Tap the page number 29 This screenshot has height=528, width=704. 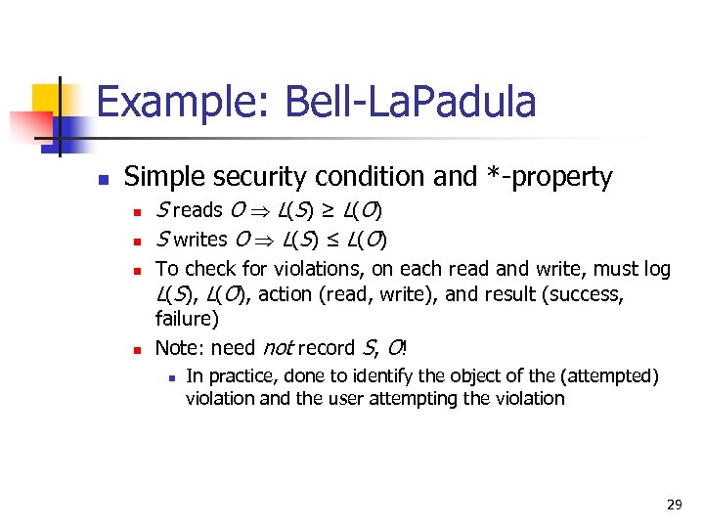674,505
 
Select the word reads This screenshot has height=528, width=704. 198,210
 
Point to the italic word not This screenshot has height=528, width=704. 276,347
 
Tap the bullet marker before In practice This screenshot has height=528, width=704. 170,377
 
